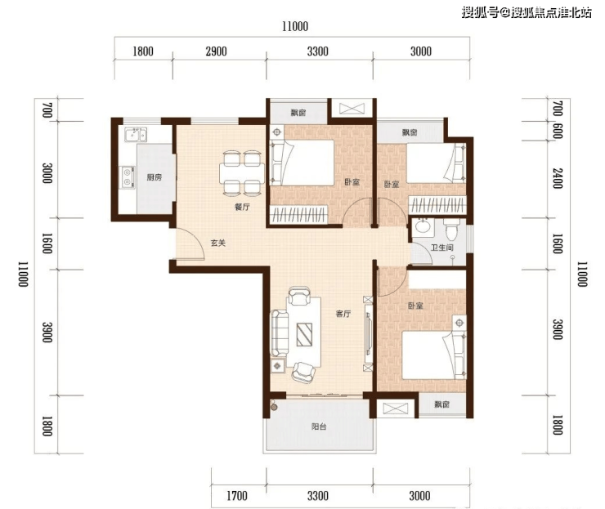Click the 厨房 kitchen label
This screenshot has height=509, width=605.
pyautogui.click(x=154, y=177)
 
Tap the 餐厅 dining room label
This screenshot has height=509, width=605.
pyautogui.click(x=242, y=207)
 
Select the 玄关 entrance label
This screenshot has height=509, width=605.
pyautogui.click(x=218, y=243)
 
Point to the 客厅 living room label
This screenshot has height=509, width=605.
pyautogui.click(x=343, y=314)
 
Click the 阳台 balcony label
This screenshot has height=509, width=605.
pyautogui.click(x=319, y=426)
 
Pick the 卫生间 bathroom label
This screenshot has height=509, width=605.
pyautogui.click(x=442, y=248)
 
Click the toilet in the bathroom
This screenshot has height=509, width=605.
pyautogui.click(x=450, y=230)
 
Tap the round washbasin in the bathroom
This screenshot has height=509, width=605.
pyautogui.click(x=423, y=227)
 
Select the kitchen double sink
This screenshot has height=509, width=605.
pyautogui.click(x=135, y=134)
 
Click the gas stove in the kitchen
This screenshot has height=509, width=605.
pyautogui.click(x=128, y=177)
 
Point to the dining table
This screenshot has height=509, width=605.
pyautogui.click(x=242, y=173)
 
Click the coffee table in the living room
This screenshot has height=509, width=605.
pyautogui.click(x=304, y=335)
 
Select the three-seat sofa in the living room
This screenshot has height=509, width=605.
pyautogui.click(x=280, y=333)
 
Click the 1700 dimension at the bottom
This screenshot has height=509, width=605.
pyautogui.click(x=237, y=496)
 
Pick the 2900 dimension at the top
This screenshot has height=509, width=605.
pyautogui.click(x=216, y=51)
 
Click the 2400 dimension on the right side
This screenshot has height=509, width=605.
pyautogui.click(x=558, y=178)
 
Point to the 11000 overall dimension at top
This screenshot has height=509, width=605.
pyautogui.click(x=295, y=27)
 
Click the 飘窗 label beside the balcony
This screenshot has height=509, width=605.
pyautogui.click(x=441, y=404)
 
